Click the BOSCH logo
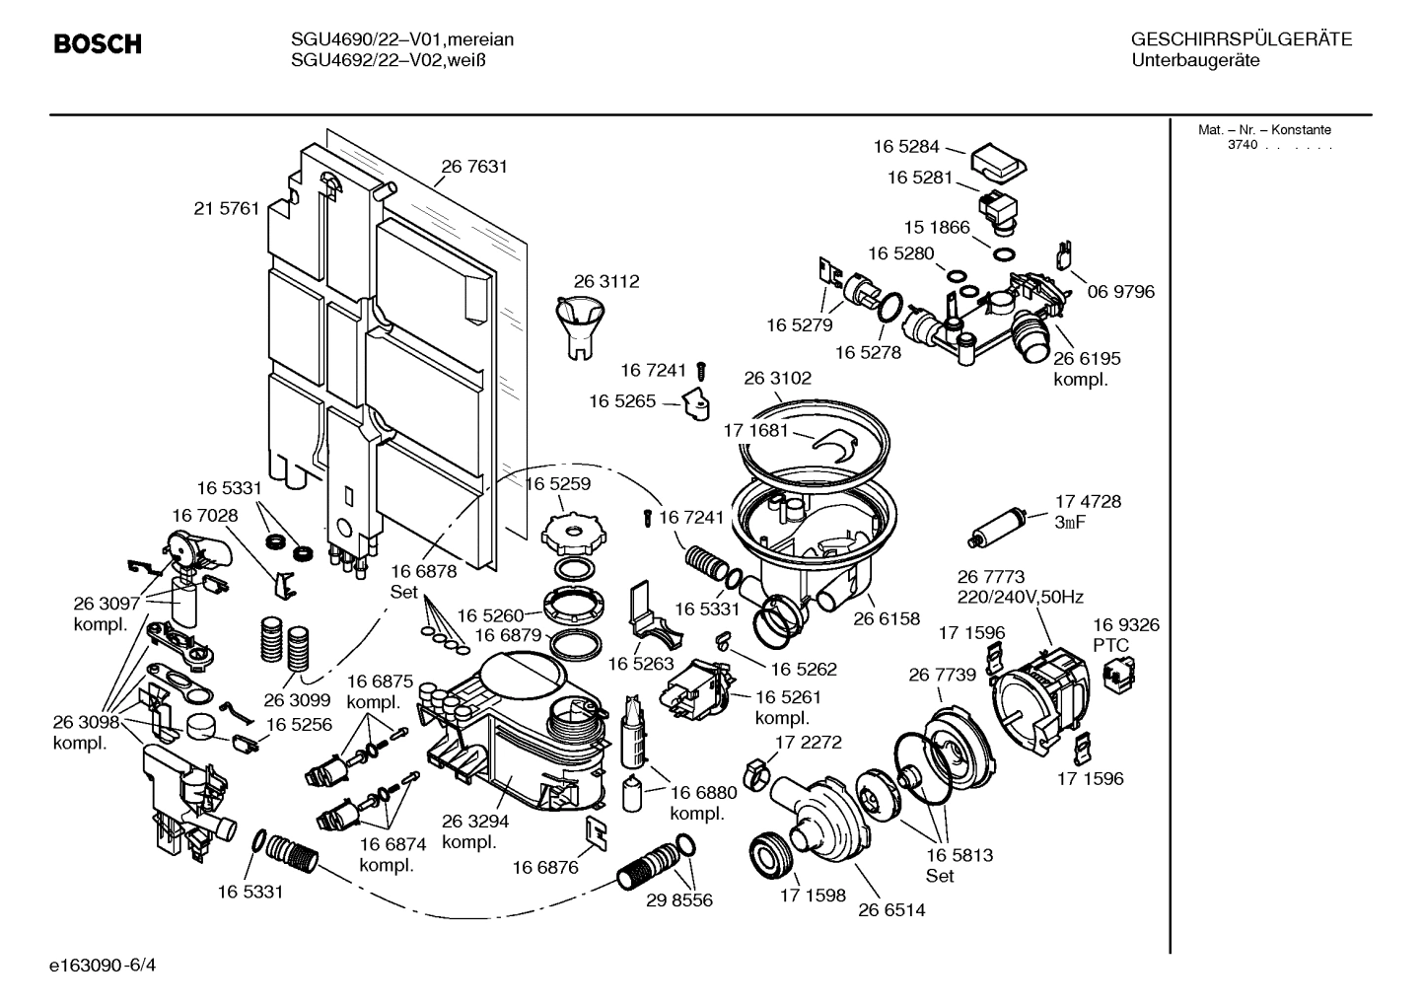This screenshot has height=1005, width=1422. tap(97, 44)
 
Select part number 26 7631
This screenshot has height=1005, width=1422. tap(474, 167)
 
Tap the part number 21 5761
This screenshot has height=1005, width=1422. tap(226, 208)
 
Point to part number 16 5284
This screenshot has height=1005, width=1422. tap(906, 147)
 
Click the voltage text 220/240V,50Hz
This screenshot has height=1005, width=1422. tap(1020, 597)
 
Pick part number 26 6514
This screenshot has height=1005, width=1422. tap(891, 909)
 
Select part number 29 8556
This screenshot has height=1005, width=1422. tap(679, 899)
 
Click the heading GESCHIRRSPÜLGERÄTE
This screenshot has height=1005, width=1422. tap(1241, 40)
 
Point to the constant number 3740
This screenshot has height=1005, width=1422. tap(1242, 145)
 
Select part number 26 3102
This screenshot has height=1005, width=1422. tap(777, 378)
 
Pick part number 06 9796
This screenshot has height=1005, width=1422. tap(1120, 291)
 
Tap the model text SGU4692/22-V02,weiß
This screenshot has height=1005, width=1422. tap(390, 60)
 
